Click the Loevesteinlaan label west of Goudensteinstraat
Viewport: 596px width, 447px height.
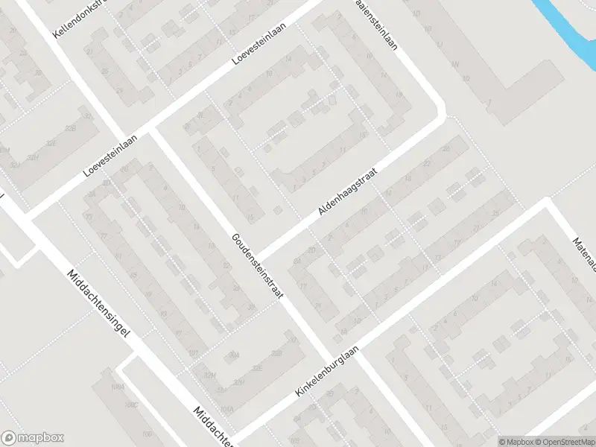(x=112, y=152)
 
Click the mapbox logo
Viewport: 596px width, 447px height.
(x=32, y=438)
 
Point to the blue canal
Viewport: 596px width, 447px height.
(x=566, y=30)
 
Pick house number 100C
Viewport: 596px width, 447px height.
(x=132, y=405)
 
